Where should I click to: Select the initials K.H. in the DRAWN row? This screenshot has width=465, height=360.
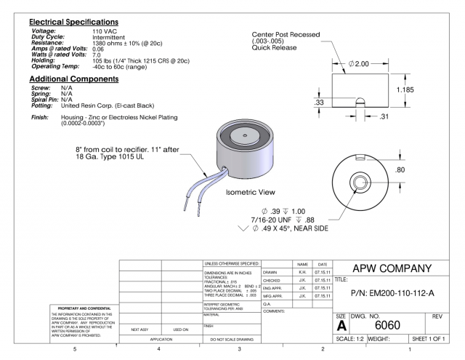300,271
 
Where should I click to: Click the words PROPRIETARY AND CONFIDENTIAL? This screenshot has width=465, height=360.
52,308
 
